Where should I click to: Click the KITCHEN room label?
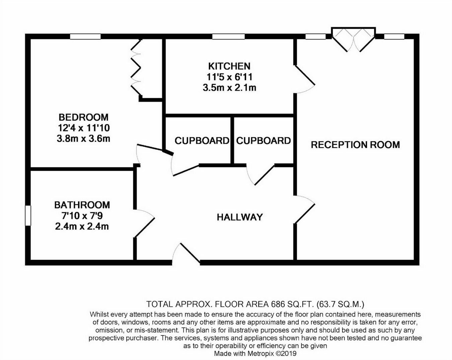[229, 66]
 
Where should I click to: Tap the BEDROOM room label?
[83, 117]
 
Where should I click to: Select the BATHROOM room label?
[82, 205]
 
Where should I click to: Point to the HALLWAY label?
[240, 217]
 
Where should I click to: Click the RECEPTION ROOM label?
[355, 145]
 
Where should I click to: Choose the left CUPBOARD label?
[202, 141]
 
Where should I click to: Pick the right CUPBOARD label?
[263, 141]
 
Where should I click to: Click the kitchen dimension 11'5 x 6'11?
[229, 77]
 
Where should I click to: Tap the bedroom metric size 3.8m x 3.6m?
[83, 139]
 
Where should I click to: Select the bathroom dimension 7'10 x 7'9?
[82, 216]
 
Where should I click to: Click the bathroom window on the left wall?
[28, 215]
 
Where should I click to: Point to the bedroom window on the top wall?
[85, 37]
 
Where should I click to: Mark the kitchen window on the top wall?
[229, 37]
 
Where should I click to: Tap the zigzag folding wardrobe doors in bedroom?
[136, 68]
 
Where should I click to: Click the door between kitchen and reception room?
[305, 79]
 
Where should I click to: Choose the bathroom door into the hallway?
[145, 224]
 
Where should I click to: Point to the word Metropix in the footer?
[261, 354]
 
